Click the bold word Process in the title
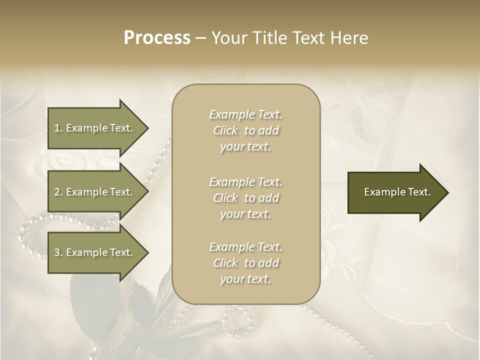pos(157,38)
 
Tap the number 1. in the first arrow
pos(58,128)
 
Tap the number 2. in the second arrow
pos(58,192)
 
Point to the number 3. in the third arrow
pos(58,252)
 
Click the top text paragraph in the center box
pos(245,130)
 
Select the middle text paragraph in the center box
pos(245,198)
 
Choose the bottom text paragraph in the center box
pos(245,263)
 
